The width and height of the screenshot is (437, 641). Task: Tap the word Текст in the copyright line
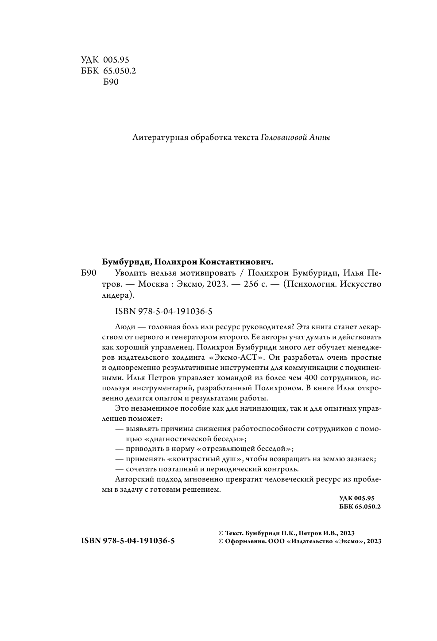pos(234,533)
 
